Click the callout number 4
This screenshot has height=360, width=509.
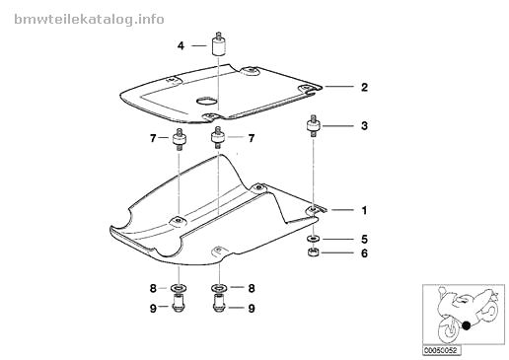(x=181, y=45)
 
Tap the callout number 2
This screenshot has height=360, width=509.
(x=364, y=87)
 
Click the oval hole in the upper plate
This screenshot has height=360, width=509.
(x=207, y=100)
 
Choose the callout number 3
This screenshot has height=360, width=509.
(x=364, y=125)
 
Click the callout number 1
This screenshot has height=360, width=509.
(x=364, y=210)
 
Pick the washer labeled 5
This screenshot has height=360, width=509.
(x=314, y=239)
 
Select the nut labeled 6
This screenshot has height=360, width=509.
(x=314, y=252)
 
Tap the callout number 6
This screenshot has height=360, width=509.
(x=364, y=253)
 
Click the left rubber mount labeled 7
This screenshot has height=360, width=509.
(x=180, y=139)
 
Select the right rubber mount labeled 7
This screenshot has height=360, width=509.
(x=217, y=137)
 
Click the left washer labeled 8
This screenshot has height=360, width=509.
(x=179, y=288)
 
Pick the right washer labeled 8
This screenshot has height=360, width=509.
(x=218, y=288)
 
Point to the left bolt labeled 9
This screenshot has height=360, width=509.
(x=179, y=303)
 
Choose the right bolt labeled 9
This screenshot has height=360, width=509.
(x=219, y=303)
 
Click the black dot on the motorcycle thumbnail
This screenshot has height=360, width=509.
(x=466, y=325)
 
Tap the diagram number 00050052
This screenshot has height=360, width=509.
(x=441, y=350)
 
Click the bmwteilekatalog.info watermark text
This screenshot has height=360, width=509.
(x=89, y=20)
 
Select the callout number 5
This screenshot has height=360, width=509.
(x=364, y=239)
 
